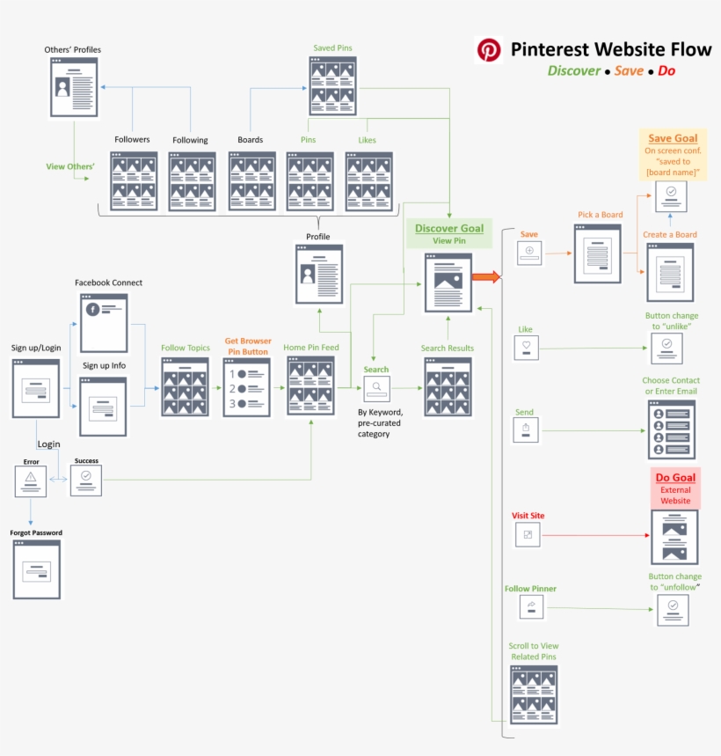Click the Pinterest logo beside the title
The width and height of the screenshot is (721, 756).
(489, 49)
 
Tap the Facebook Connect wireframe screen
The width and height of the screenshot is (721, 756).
(104, 323)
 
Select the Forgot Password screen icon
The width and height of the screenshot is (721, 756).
(36, 569)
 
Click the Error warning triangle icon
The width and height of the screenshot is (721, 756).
(31, 480)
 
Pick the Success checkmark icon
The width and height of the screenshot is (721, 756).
(86, 480)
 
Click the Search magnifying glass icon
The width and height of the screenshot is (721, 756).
(376, 388)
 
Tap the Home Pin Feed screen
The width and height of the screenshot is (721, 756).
(311, 385)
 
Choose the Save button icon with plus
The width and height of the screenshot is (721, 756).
(529, 253)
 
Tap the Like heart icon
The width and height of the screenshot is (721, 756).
(527, 348)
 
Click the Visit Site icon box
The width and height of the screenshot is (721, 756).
(528, 534)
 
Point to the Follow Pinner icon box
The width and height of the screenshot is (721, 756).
(531, 606)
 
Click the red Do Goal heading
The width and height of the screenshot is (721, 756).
(675, 478)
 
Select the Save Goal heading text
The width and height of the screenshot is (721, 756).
(673, 138)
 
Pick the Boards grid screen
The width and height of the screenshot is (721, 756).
(252, 181)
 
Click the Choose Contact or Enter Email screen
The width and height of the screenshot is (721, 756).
(672, 429)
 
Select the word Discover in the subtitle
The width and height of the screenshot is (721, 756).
(573, 70)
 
